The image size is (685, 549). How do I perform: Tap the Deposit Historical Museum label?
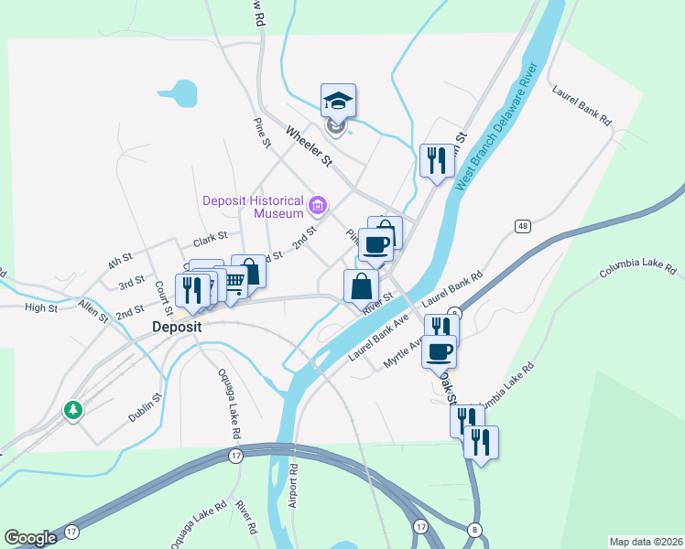click(x=253, y=207)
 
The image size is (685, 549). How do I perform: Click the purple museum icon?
click(x=318, y=204)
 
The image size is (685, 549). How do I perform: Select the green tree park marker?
click(x=72, y=411)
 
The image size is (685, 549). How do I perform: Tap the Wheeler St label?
click(x=308, y=146)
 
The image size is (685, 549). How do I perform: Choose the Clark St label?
click(x=210, y=242)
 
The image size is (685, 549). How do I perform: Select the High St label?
click(x=41, y=308)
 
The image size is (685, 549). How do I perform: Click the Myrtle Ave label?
click(x=402, y=351)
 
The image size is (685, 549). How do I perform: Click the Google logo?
click(x=30, y=538)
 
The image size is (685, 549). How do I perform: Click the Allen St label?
click(x=92, y=310)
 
